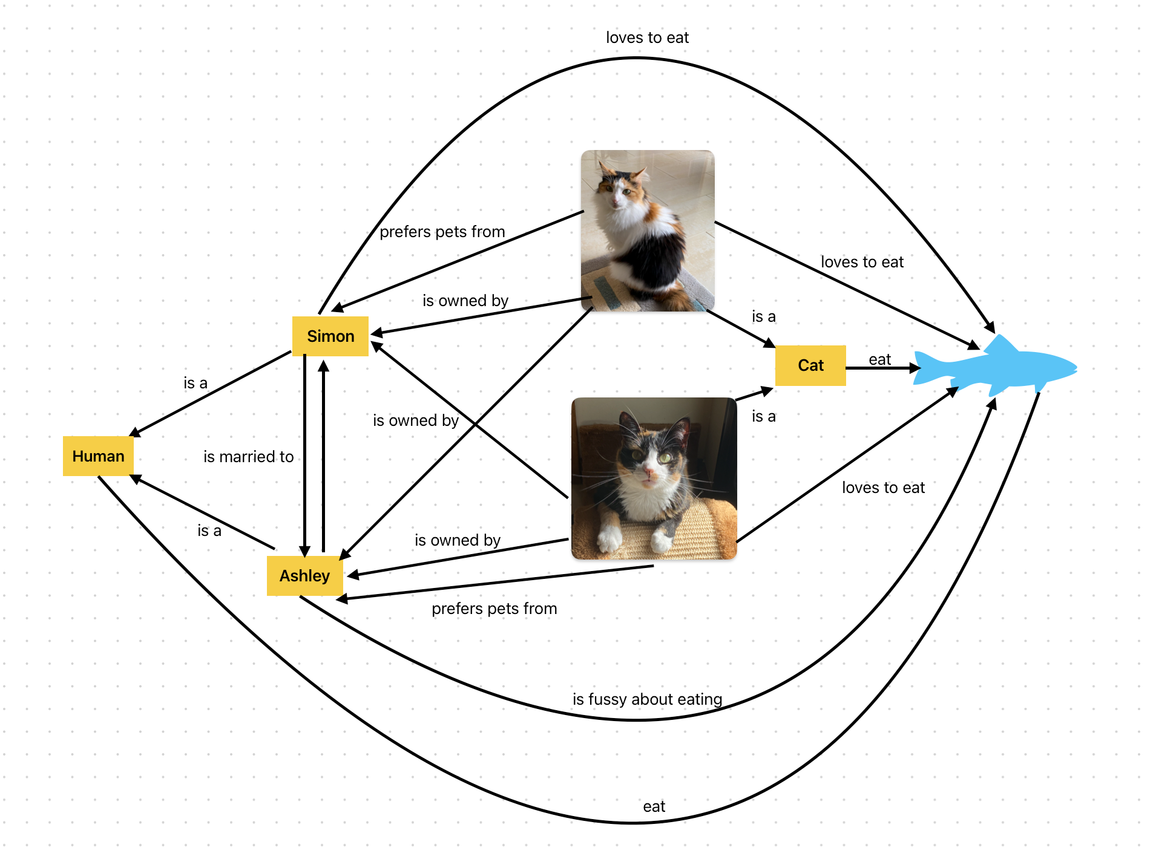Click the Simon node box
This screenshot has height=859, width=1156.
point(330,336)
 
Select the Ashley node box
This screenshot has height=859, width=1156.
point(304,575)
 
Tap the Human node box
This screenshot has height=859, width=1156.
point(98,456)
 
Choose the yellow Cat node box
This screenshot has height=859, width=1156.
point(810,365)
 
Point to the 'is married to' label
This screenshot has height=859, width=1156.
point(248,457)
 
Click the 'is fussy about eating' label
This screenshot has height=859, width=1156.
point(647,699)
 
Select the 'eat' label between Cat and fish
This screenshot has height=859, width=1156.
point(879,359)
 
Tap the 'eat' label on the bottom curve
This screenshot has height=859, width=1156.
point(654,806)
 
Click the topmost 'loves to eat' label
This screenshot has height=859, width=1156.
point(647,38)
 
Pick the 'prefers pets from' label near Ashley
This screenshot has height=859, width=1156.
point(494,609)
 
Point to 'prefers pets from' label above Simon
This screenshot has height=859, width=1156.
point(442,232)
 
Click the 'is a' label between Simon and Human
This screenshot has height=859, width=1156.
point(195,383)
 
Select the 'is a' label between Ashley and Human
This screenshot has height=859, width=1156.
point(209,531)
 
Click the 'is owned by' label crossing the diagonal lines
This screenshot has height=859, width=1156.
point(415,420)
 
